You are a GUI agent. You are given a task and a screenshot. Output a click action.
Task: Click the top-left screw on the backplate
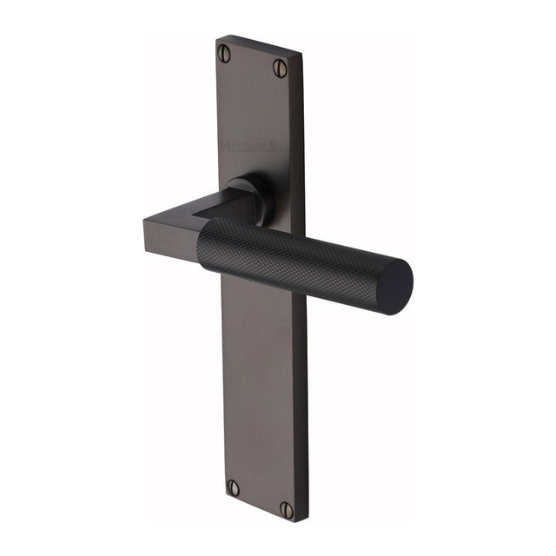pyautogui.click(x=225, y=53)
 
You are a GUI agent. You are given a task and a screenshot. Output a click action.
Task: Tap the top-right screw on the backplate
pyautogui.click(x=279, y=67)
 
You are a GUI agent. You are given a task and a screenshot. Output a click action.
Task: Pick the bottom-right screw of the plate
pyautogui.click(x=286, y=510)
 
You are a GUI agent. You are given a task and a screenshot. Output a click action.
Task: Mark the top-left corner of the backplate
pyautogui.click(x=217, y=37)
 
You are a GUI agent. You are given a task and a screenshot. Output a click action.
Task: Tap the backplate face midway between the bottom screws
pyautogui.click(x=259, y=499)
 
